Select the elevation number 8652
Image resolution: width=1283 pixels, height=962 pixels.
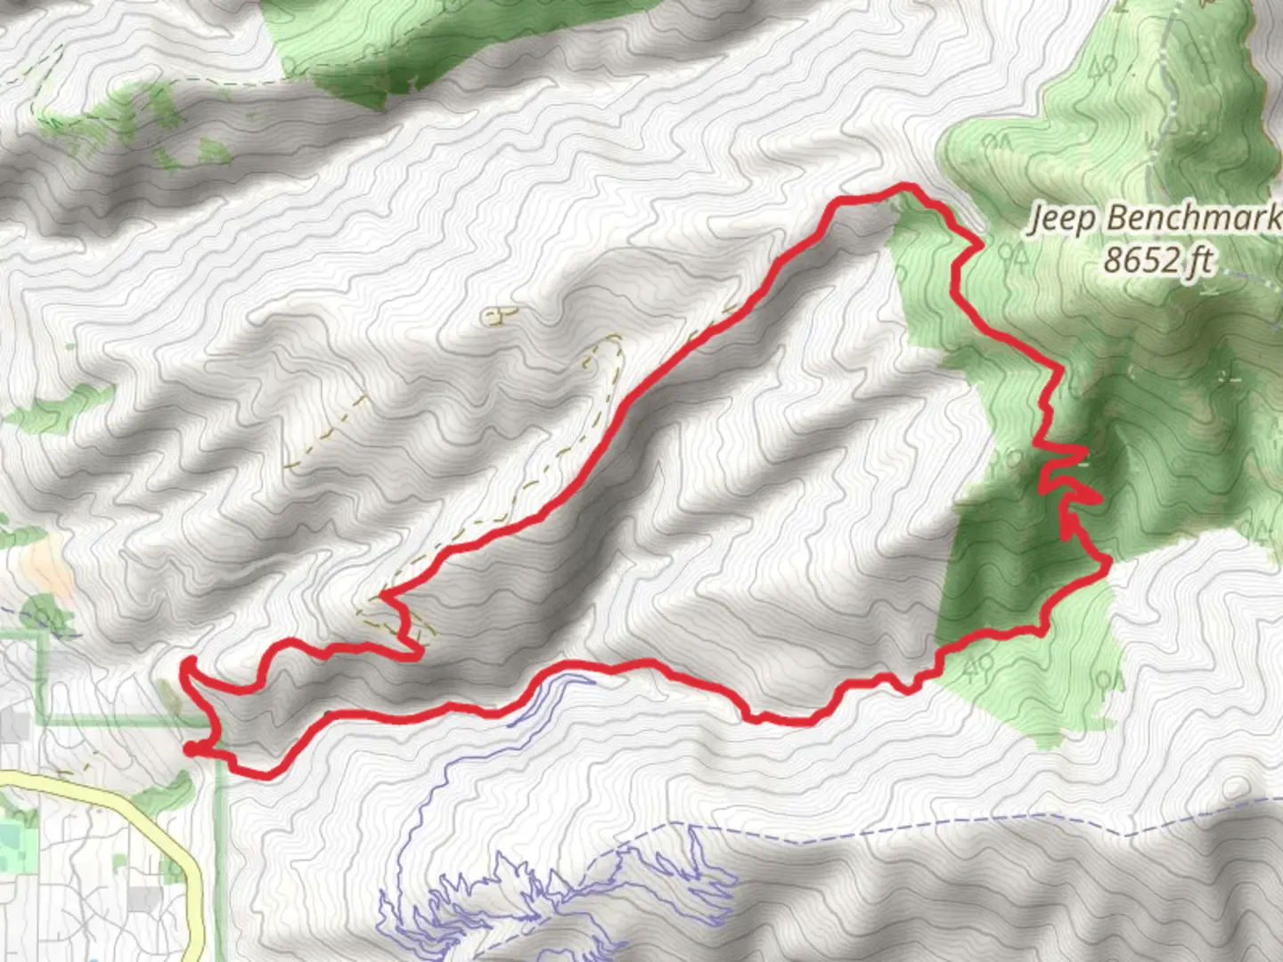[1143, 259]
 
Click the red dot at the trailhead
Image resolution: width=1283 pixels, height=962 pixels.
[191, 749]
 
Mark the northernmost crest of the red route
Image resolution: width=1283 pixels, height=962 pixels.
[907, 186]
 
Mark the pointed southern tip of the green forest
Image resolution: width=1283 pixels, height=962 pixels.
[1056, 745]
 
